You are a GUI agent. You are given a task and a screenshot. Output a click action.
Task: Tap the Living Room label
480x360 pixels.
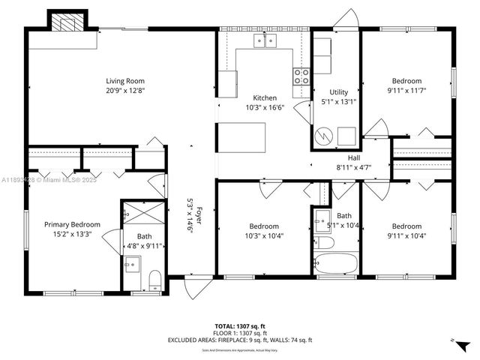click(124, 81)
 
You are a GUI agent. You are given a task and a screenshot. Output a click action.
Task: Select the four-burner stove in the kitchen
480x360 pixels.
click(301, 75)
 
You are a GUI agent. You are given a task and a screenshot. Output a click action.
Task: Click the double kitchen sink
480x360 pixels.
click(264, 40)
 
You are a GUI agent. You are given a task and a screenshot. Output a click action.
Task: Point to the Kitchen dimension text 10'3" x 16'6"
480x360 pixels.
click(264, 107)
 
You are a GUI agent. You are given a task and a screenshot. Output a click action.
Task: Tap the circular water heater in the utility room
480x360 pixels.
click(323, 136)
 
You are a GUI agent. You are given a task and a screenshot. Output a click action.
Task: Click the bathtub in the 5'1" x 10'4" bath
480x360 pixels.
click(335, 265)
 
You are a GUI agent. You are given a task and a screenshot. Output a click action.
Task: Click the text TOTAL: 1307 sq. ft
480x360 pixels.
click(239, 326)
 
